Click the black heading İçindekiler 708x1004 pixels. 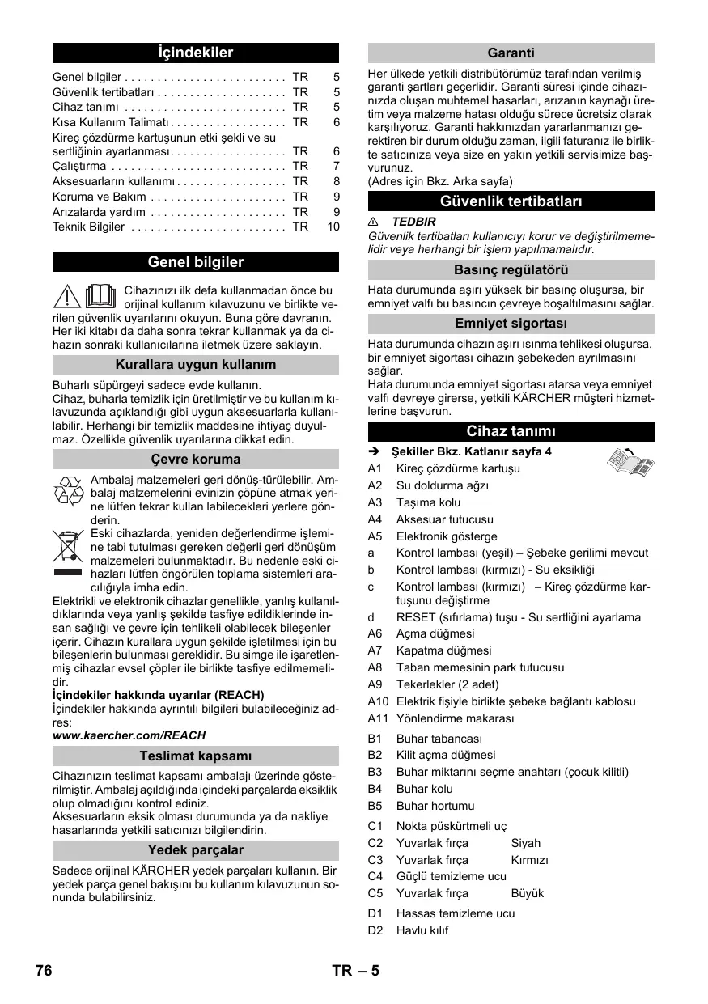tap(195, 53)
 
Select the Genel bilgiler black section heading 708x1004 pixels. tap(195, 262)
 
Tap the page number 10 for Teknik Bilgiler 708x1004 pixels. tap(333, 227)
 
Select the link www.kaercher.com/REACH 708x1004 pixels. tap(129, 735)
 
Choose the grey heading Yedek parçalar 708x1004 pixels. tap(195, 850)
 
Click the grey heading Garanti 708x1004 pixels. tap(511, 53)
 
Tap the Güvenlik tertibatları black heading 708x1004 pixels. tap(511, 201)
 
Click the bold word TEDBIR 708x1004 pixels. tap(413, 221)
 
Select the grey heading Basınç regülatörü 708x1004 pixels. tap(511, 270)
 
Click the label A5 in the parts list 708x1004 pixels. tap(375, 536)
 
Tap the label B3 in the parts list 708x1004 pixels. tap(375, 772)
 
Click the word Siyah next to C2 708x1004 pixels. tap(526, 843)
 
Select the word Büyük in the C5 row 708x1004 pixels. tap(528, 893)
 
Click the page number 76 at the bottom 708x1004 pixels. tap(44, 971)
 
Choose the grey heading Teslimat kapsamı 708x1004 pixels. tap(195, 756)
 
